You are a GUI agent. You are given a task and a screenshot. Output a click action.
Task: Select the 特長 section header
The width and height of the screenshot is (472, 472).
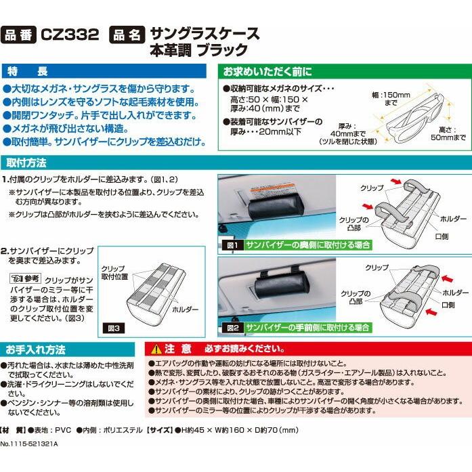pyautogui.click(x=27, y=71)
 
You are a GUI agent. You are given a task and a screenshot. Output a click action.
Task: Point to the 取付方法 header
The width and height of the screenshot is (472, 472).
pyautogui.click(x=27, y=163)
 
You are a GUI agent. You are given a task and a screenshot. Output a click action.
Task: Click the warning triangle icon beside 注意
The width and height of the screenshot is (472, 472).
pyautogui.click(x=157, y=349)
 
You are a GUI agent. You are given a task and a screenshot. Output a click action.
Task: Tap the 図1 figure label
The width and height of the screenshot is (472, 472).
pyautogui.click(x=232, y=244)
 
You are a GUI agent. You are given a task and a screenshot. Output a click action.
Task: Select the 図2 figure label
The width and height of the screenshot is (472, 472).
pyautogui.click(x=232, y=327)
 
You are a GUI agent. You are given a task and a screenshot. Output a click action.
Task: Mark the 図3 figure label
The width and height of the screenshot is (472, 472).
pyautogui.click(x=112, y=327)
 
